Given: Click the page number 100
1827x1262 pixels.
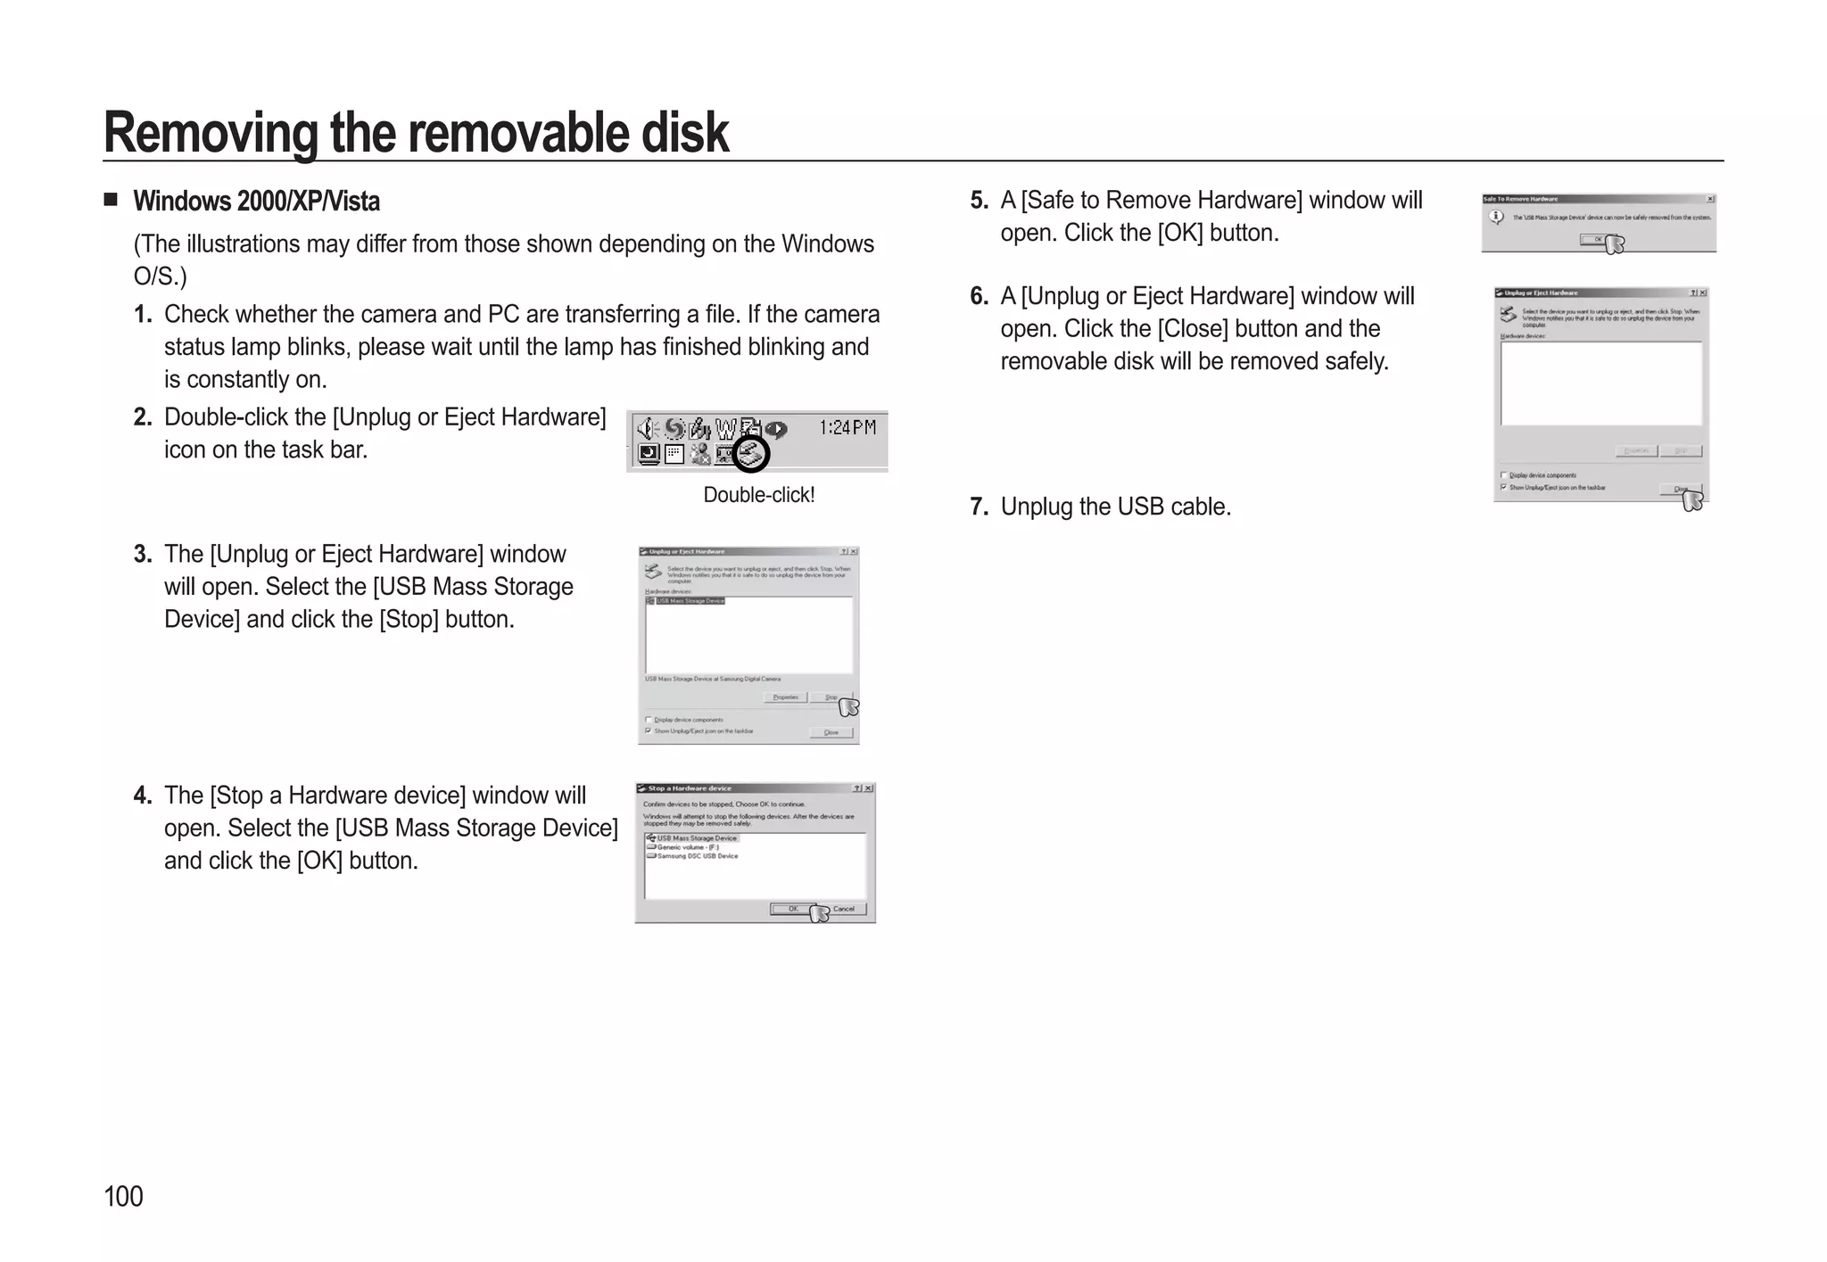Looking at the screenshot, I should click(123, 1196).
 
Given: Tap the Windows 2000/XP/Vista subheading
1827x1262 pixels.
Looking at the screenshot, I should click(256, 202).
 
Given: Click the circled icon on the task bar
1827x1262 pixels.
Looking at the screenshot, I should click(751, 455).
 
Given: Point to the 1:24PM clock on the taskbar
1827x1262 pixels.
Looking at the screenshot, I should click(847, 428).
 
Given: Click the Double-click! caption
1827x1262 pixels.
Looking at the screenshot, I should click(758, 495).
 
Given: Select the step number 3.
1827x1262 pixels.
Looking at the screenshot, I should click(142, 555).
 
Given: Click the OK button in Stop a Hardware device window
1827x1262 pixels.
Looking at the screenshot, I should click(792, 909).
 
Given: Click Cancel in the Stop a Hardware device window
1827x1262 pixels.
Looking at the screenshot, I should click(844, 909).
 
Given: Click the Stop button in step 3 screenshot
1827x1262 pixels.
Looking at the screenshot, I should click(831, 697).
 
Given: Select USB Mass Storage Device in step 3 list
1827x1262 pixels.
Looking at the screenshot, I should click(690, 601).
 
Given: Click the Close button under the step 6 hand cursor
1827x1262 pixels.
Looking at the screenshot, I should click(1680, 489).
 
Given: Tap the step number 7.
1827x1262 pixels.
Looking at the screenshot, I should click(979, 507).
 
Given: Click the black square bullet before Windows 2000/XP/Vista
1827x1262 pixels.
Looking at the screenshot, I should click(111, 199).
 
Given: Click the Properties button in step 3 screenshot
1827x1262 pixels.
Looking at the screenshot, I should click(785, 697).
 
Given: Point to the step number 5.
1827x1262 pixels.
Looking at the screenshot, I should click(979, 201).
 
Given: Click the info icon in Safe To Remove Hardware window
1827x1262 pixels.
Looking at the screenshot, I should click(1496, 217).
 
